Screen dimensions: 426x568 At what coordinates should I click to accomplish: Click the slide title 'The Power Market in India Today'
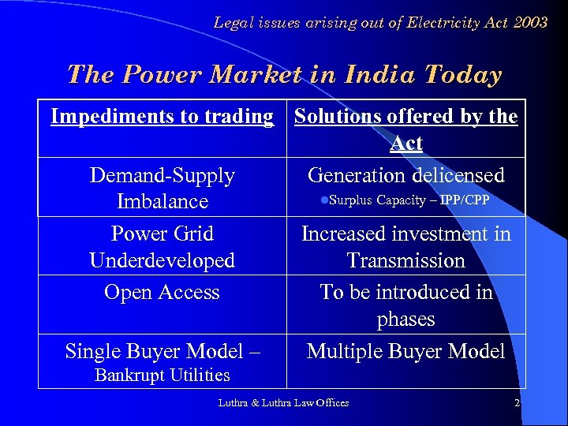tap(284, 75)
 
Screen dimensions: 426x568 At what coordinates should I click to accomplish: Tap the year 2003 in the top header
tap(529, 23)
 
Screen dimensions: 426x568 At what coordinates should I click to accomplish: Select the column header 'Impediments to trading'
tap(162, 117)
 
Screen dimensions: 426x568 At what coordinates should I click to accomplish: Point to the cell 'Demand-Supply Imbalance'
tap(162, 188)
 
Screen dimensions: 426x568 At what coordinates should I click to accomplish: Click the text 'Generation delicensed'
tap(405, 174)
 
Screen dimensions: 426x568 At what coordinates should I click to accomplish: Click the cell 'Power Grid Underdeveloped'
tap(162, 246)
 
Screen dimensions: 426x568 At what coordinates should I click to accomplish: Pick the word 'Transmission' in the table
tap(405, 260)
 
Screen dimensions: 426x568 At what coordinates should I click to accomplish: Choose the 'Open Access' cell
tap(162, 292)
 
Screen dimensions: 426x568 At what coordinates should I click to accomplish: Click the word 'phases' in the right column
tap(405, 319)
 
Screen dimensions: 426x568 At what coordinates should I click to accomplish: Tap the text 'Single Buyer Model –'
tap(162, 351)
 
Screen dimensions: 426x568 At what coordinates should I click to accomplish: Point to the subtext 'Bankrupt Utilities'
tap(162, 376)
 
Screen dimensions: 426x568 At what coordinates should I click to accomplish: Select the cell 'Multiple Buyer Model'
tap(405, 351)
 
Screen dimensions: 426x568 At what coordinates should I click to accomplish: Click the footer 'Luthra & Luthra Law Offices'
tap(283, 403)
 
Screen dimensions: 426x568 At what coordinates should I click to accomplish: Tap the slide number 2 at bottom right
tap(517, 403)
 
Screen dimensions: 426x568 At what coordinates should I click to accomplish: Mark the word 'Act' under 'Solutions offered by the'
tap(405, 144)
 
